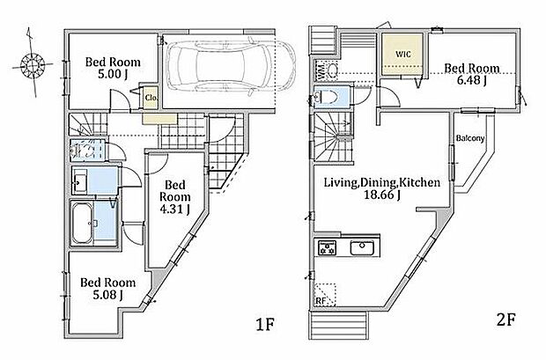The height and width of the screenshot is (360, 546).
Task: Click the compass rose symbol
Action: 33,64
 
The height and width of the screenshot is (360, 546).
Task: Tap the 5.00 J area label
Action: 112,74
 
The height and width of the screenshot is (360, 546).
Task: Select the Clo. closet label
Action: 151,98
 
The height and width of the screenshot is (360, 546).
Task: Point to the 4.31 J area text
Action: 174,209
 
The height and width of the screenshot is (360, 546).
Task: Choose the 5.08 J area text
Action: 107,295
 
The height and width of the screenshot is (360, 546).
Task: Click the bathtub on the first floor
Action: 82,223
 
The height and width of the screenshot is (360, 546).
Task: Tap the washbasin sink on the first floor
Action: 80,181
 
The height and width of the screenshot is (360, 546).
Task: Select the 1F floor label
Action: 265,325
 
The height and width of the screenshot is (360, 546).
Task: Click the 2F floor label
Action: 505,320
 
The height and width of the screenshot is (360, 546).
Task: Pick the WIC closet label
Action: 402,55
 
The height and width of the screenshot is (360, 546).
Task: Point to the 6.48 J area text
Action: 471,80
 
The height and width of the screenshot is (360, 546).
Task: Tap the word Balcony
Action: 470,138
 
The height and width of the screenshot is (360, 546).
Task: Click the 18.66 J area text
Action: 381,195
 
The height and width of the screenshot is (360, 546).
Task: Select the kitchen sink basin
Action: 362,248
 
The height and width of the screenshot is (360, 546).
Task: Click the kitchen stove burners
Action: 327,248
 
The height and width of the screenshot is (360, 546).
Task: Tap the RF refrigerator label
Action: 320,300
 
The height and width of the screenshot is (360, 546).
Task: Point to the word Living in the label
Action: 342,182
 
